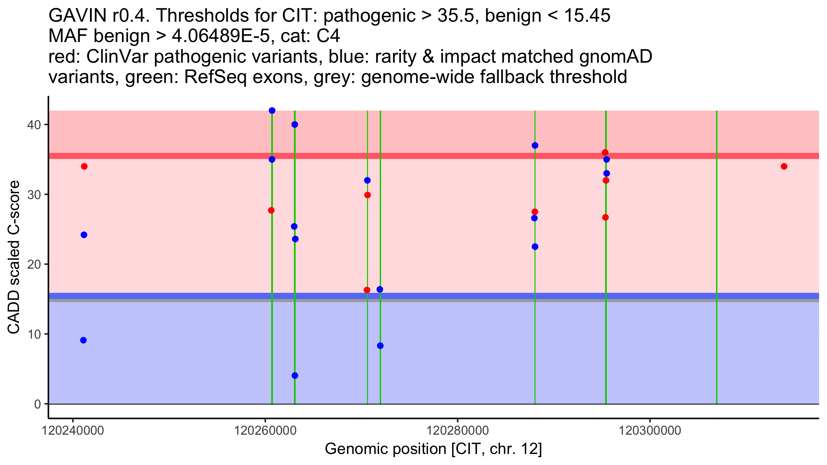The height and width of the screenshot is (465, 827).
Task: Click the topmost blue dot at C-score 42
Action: coord(272,111)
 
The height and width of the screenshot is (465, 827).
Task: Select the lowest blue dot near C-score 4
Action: coord(295,375)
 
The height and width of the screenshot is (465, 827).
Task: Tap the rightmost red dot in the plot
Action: coord(784,166)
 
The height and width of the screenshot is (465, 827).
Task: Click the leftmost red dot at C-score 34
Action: coord(84,166)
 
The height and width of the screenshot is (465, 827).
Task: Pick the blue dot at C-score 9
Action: coord(83,340)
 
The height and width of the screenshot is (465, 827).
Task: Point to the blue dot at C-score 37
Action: coord(535,145)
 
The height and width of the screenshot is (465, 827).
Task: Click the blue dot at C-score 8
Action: coord(380,346)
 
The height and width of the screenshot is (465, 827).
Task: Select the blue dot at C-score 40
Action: coord(295,124)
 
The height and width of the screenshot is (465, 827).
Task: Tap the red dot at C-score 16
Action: coord(367,290)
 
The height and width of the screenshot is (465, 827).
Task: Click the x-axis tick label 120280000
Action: coord(458,431)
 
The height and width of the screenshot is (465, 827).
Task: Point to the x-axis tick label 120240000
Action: coord(72,431)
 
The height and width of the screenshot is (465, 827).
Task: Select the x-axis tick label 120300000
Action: coord(650,431)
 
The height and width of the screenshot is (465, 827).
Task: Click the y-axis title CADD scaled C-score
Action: coord(14,257)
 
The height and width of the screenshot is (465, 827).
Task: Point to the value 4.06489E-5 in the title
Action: coord(221,36)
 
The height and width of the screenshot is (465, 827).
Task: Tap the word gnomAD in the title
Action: coord(616,56)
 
